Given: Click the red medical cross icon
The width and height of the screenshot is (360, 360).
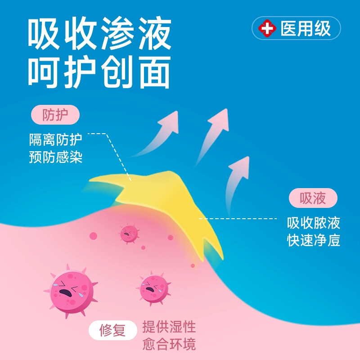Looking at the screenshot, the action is coord(267,28).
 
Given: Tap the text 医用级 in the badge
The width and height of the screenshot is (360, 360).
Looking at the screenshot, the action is coord(306,28).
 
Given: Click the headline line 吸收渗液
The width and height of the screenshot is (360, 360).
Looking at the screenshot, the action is coord(99,33).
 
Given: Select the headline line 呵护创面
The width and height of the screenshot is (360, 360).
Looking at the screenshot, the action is coord(99,72).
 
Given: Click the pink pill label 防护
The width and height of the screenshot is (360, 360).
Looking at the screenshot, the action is coord(55,115).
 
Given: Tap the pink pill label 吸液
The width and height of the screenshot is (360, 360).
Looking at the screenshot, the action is coord(313,198).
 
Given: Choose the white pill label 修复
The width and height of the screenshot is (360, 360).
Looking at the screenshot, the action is coord(113,330).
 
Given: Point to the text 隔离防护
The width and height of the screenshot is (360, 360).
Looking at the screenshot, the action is coord(55,139).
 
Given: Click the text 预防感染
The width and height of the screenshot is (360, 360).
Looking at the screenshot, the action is coord(55,157).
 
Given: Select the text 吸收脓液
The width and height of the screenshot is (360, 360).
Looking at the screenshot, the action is coord(313,223).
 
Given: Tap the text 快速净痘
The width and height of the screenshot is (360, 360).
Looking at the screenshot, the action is coord(313,240).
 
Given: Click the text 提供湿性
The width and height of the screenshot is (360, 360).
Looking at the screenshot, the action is coord(169,327).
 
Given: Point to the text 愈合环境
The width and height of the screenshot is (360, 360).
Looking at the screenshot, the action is coord(169,344).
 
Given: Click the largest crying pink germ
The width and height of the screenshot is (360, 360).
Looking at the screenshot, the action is coord(71,292).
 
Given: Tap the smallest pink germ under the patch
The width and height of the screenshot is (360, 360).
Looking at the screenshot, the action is coord(129,234).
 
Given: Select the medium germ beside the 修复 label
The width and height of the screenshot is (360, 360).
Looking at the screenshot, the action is coord(153,288).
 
